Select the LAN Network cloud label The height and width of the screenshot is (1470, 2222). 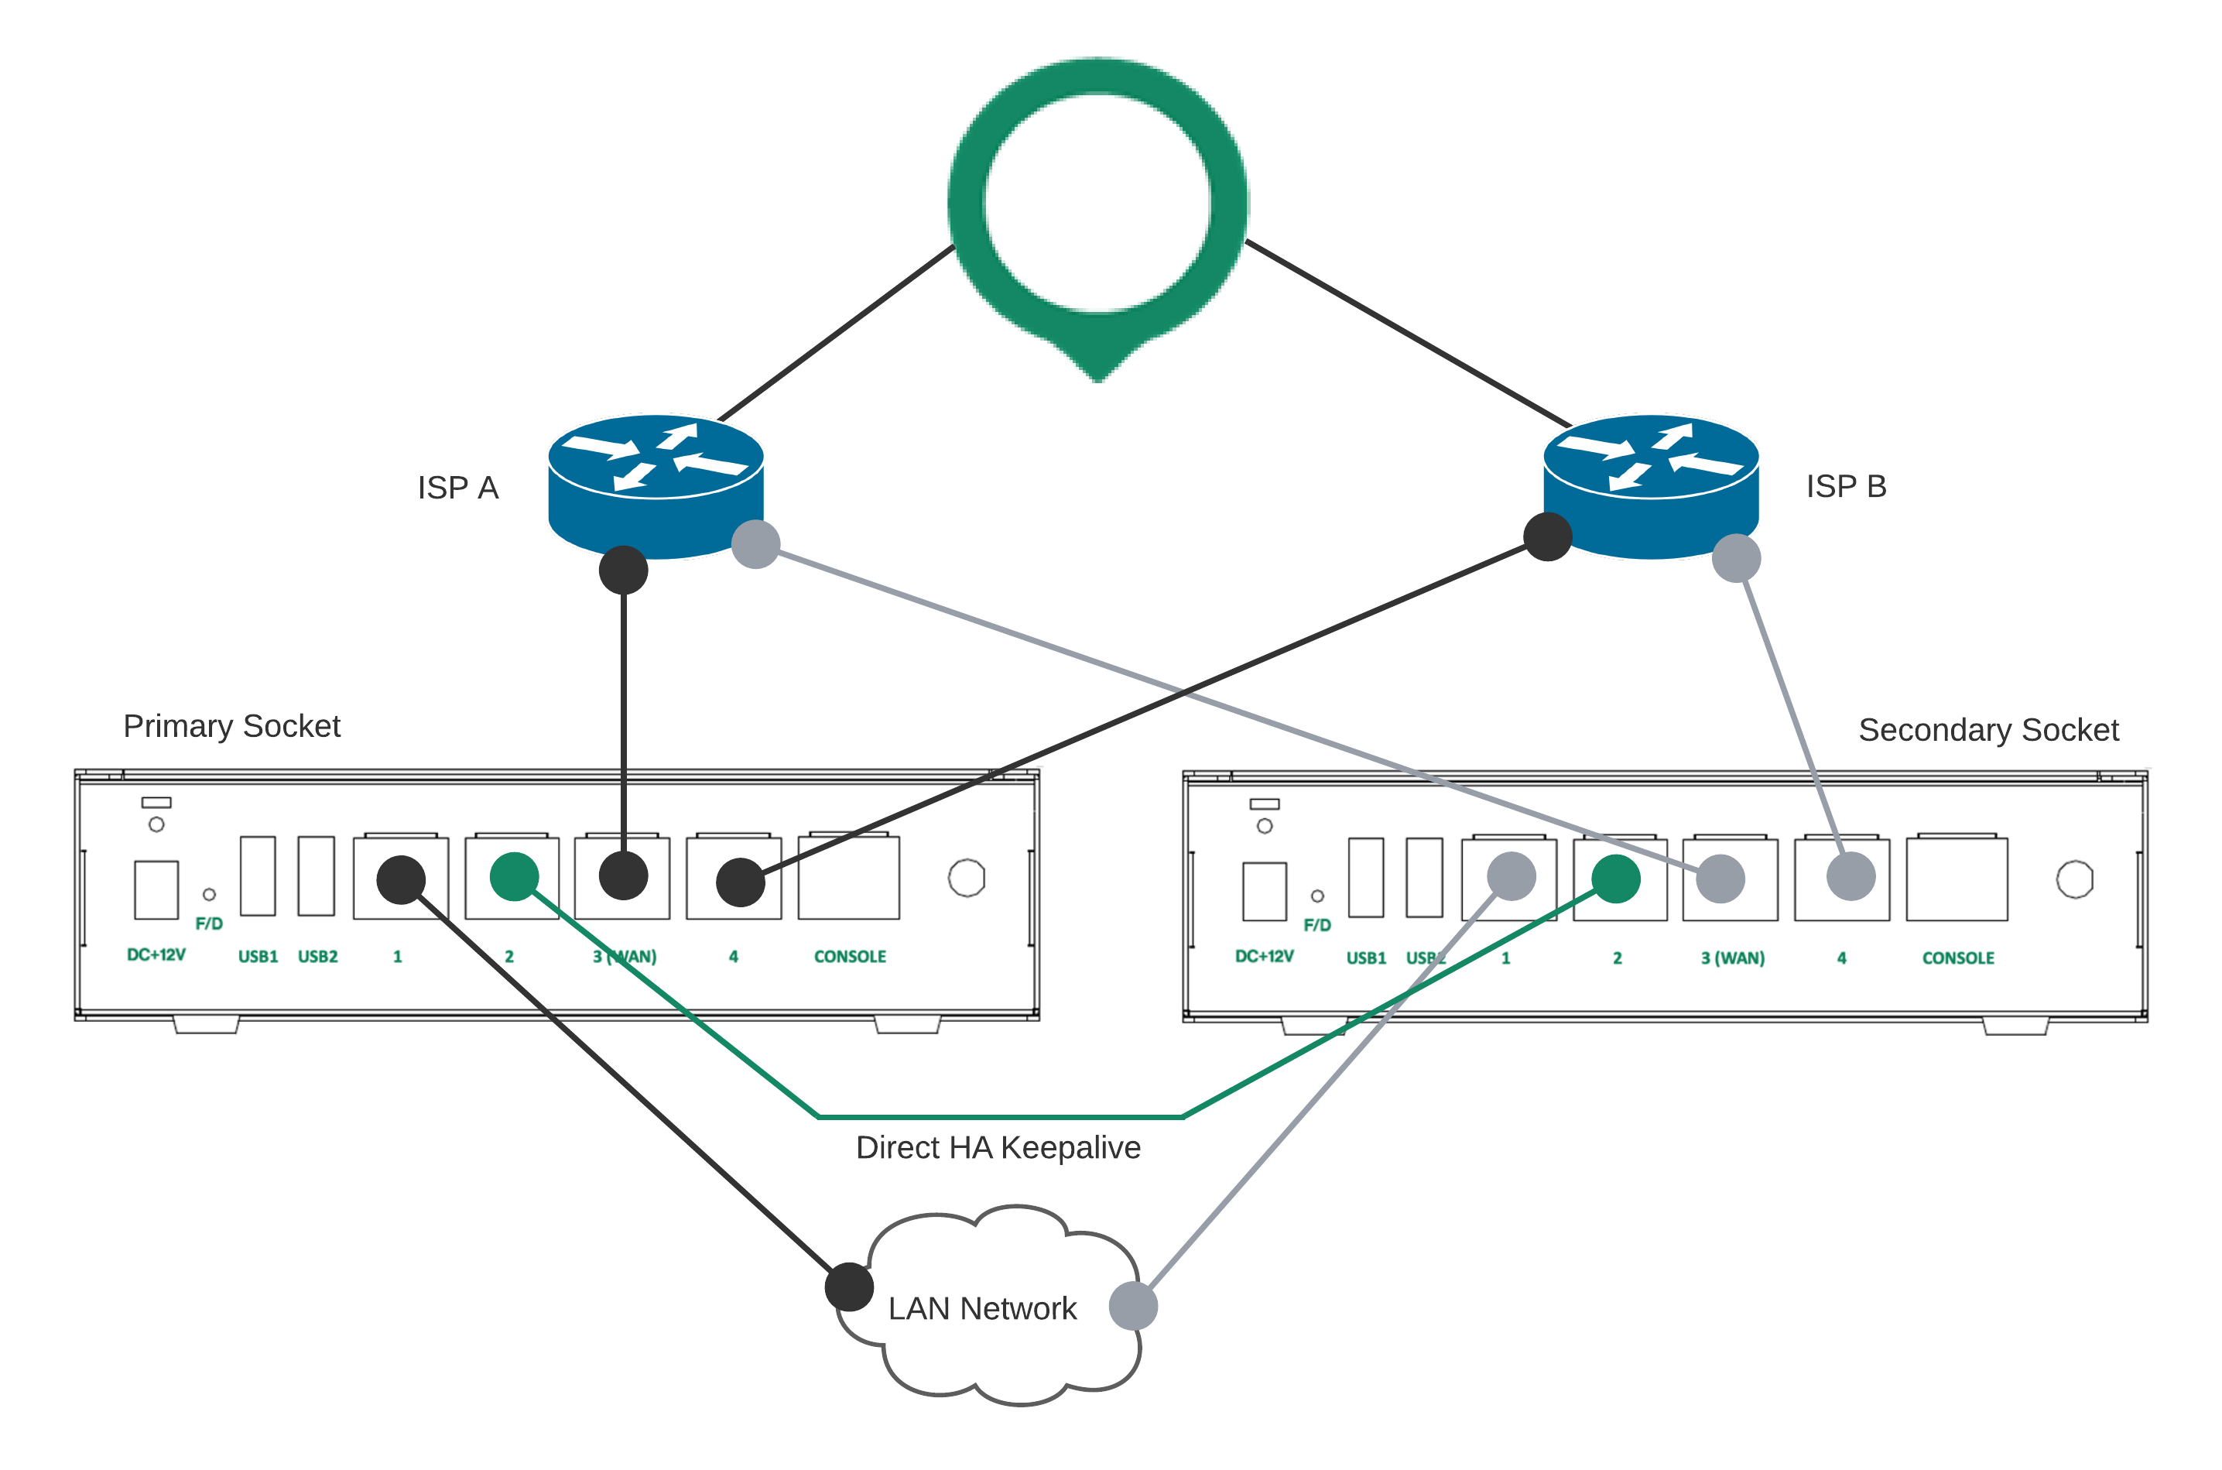pos(982,1307)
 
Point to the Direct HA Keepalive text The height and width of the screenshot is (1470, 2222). pos(998,1147)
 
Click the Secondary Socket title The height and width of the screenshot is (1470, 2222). pos(1987,730)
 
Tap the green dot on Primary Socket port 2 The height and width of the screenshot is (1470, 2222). pos(515,876)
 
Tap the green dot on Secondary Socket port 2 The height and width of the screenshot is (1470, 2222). pos(1616,879)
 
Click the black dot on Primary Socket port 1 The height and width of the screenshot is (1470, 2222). pos(401,879)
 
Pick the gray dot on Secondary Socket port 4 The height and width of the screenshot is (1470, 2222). pos(1851,876)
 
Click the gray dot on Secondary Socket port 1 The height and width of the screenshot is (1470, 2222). pos(1511,876)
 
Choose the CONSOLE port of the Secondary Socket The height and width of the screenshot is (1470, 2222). pos(1957,879)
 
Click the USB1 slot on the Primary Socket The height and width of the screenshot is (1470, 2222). pos(258,875)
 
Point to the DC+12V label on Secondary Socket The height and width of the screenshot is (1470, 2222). pos(1264,956)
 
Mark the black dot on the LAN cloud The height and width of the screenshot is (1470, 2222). pos(849,1287)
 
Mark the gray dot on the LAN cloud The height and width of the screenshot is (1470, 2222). pos(1133,1306)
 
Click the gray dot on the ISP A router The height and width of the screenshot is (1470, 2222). pos(755,545)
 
